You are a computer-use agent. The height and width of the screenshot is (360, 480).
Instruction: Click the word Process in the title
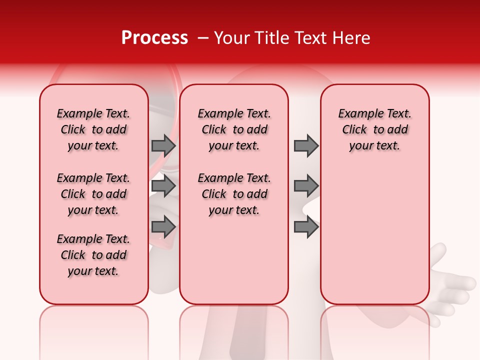154,38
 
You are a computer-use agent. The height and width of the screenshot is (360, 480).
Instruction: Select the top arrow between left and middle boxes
163,145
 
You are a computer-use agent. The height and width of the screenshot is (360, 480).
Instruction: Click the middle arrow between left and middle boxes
163,186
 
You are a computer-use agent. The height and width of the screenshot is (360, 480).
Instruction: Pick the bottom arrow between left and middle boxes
163,227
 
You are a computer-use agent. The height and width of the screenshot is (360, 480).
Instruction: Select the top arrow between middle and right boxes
306,145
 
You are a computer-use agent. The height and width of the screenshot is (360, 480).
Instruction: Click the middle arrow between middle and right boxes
306,186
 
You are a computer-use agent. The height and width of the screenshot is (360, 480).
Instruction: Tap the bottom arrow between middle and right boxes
306,227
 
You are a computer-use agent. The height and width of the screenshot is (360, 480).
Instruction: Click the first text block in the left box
93,129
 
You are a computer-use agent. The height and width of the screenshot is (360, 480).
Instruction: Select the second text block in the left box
93,194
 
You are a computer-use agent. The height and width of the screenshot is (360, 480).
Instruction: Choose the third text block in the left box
93,255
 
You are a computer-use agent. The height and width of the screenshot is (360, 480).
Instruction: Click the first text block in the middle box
234,129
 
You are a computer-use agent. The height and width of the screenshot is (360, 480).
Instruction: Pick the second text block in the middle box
234,194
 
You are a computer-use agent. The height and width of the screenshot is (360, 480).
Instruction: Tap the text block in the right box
374,129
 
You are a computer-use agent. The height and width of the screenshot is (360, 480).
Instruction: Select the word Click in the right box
354,130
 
